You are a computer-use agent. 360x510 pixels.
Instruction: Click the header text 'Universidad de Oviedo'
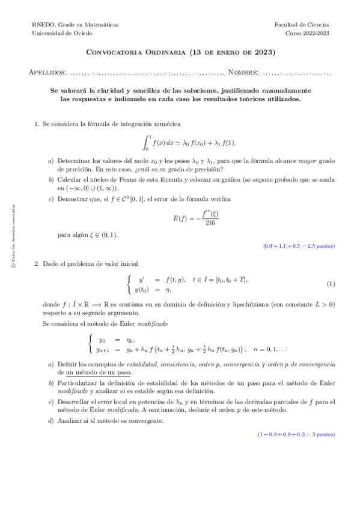click(x=58, y=34)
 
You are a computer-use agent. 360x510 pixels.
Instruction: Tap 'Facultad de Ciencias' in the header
click(x=302, y=25)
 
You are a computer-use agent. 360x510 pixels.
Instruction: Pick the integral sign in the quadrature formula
click(x=146, y=142)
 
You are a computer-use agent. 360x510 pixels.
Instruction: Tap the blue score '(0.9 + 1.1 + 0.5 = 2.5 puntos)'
click(x=299, y=247)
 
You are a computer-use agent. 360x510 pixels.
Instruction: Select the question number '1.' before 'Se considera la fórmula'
click(x=37, y=124)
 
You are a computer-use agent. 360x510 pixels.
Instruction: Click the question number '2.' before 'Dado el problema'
click(x=37, y=263)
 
